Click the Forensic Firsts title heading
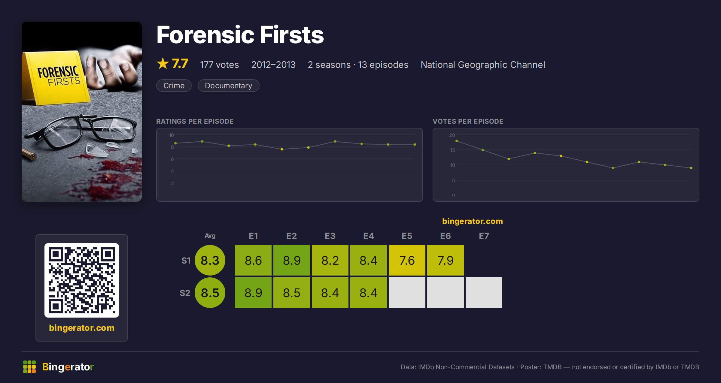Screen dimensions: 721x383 (x=240, y=35)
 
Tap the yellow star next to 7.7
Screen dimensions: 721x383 (x=163, y=63)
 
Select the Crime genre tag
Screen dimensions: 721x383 (x=174, y=86)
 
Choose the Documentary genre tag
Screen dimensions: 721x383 (x=228, y=86)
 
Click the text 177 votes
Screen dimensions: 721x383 (x=219, y=65)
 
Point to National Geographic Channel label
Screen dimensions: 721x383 (x=483, y=65)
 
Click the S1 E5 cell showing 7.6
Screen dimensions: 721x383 (x=407, y=260)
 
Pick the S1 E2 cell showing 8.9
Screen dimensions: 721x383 (x=292, y=260)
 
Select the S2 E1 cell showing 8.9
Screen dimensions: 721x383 (x=253, y=293)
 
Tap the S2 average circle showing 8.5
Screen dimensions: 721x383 (x=210, y=293)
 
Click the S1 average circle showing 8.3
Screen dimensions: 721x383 (x=210, y=260)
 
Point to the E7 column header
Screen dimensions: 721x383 (x=484, y=236)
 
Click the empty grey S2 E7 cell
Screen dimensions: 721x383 (x=484, y=293)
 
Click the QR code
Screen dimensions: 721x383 (x=82, y=280)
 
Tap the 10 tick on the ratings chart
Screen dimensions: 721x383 (x=172, y=135)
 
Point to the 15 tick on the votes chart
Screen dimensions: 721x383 (x=452, y=150)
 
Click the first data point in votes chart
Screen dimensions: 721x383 (x=457, y=141)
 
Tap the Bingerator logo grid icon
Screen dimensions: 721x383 (x=29, y=367)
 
